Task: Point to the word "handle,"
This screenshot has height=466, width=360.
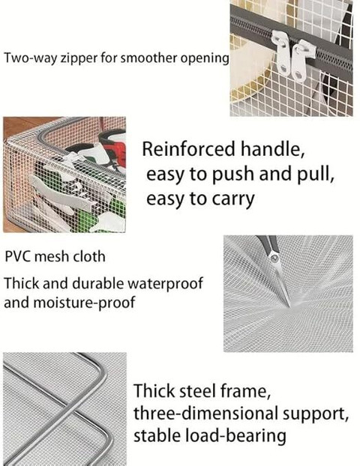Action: pyautogui.click(x=272, y=149)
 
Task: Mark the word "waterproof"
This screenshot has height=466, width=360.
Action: pyautogui.click(x=165, y=283)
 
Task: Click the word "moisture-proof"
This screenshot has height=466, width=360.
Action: pyautogui.click(x=85, y=303)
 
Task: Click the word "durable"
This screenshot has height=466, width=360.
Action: pyautogui.click(x=97, y=283)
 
